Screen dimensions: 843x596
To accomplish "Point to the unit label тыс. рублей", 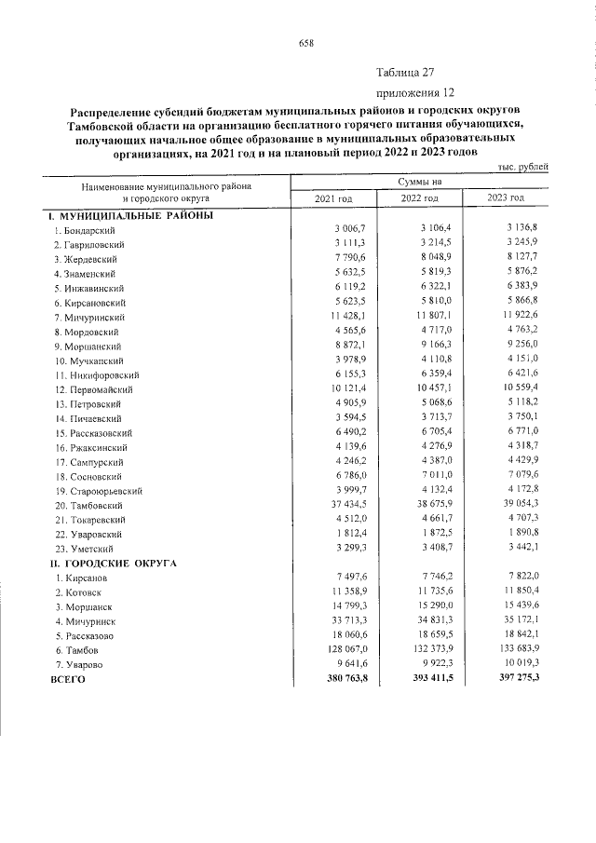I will pos(524,166).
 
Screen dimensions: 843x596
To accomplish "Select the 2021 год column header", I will pos(333,198).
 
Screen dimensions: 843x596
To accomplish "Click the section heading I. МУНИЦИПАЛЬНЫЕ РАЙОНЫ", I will pos(131,215).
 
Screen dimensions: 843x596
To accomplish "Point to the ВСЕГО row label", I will pos(67,680).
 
